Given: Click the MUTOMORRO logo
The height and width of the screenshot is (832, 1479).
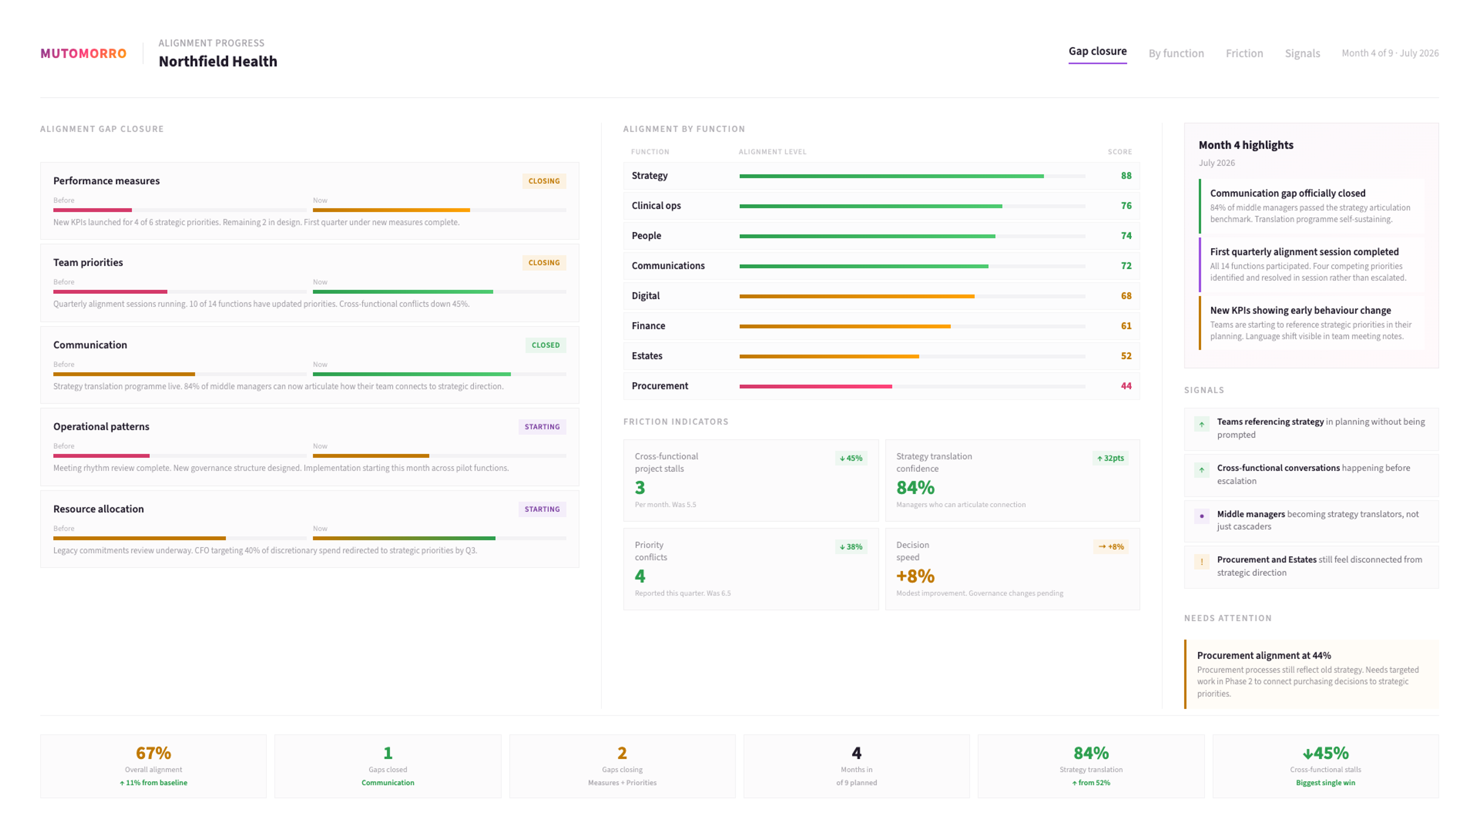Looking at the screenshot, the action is [x=83, y=54].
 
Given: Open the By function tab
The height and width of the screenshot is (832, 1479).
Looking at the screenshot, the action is [x=1176, y=54].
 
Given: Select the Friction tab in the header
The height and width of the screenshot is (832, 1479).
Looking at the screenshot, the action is [x=1244, y=54].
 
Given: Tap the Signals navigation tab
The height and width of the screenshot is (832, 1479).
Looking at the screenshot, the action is [x=1302, y=54].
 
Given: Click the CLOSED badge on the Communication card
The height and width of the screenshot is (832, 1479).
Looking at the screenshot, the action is [x=545, y=345].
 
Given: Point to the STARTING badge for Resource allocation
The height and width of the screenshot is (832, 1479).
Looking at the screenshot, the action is [x=542, y=509].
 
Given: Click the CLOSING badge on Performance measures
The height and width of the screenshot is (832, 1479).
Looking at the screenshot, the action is [x=544, y=181].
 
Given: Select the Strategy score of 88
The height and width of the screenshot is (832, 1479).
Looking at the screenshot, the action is [x=1126, y=176].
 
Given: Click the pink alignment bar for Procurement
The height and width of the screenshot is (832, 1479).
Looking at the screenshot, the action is [x=815, y=386].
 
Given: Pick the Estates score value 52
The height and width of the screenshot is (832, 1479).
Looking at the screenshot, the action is [x=1126, y=356].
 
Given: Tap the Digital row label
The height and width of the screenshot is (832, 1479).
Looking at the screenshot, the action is [x=646, y=296].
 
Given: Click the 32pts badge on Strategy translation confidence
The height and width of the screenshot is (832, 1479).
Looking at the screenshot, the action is [x=1110, y=458].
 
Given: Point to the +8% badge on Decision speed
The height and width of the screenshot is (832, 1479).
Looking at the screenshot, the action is [x=1111, y=547].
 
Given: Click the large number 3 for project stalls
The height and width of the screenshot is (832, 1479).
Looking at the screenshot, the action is [x=640, y=488].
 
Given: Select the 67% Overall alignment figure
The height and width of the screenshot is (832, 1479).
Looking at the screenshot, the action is [x=153, y=753].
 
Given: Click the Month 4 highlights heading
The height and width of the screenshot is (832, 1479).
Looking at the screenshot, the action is [x=1246, y=145].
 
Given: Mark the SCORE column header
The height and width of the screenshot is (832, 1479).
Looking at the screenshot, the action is [x=1120, y=152].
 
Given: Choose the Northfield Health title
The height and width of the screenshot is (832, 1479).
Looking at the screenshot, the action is [x=218, y=62].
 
